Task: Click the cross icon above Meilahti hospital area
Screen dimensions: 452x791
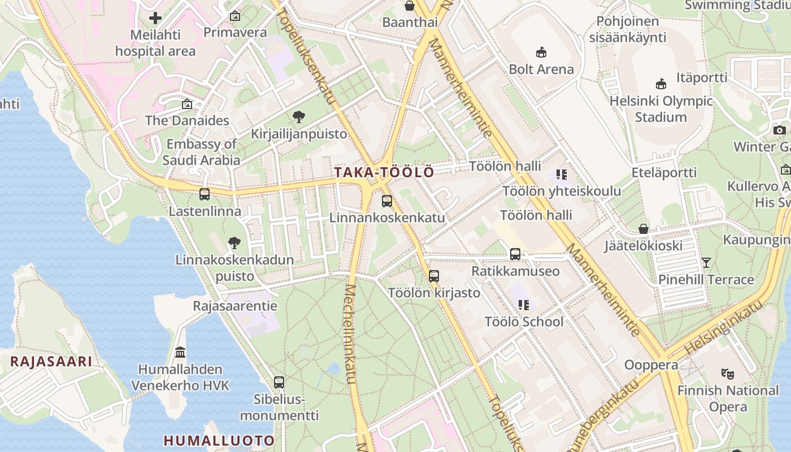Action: tap(155, 18)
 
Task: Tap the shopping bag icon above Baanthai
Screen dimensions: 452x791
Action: tap(410, 6)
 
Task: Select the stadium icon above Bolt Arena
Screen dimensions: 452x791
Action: tap(541, 53)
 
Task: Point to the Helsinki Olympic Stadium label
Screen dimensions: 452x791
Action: tap(660, 109)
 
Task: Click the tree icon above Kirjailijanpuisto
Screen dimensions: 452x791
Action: tap(299, 118)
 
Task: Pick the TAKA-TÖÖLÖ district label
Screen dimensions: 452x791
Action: tap(385, 172)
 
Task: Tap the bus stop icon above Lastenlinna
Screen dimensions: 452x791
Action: tap(205, 194)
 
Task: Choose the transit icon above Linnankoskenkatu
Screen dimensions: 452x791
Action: tap(387, 201)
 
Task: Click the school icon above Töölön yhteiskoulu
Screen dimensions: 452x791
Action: tap(561, 175)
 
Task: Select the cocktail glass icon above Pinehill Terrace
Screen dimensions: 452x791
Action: tap(706, 263)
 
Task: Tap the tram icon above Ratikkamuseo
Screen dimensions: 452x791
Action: tap(515, 254)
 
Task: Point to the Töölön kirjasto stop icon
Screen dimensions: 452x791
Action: tap(434, 276)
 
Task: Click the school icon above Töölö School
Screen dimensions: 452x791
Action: tap(524, 305)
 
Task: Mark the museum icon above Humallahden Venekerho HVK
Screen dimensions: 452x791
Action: tap(180, 353)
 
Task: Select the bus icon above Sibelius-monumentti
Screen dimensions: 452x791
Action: tap(279, 383)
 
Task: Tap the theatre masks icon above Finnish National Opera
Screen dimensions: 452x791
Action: tap(728, 373)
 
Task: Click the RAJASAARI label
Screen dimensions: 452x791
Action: tap(51, 362)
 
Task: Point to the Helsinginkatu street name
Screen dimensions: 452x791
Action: tap(723, 328)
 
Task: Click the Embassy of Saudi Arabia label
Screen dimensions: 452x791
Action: tap(202, 152)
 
